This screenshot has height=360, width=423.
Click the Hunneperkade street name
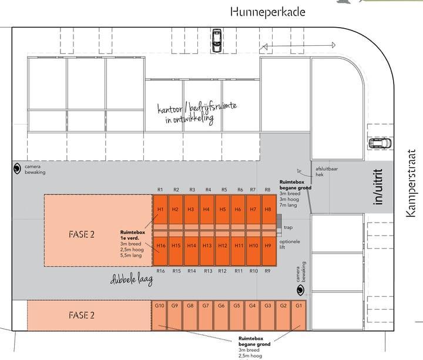click(268, 12)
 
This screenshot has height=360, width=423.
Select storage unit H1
click(160, 210)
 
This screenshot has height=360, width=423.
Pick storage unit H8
click(268, 210)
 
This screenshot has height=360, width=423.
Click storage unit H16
click(160, 251)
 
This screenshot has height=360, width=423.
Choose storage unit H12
click(223, 251)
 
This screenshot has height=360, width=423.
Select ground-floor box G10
click(159, 315)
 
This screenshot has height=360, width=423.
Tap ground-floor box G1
click(298, 315)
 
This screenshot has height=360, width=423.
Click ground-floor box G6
click(221, 315)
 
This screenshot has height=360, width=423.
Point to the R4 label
click(208, 190)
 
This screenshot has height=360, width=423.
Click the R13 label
click(208, 271)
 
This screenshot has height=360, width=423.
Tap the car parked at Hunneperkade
click(217, 41)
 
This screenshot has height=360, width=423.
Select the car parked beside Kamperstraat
click(380, 143)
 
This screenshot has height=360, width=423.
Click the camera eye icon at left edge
click(17, 169)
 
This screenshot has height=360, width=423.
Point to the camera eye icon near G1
click(300, 290)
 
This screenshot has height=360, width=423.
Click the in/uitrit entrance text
click(378, 187)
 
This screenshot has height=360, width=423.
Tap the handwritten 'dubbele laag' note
click(132, 280)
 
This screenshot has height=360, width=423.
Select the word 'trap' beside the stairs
click(288, 228)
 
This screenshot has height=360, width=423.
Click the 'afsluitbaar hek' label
click(327, 171)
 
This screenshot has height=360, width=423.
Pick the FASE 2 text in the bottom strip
click(82, 315)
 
